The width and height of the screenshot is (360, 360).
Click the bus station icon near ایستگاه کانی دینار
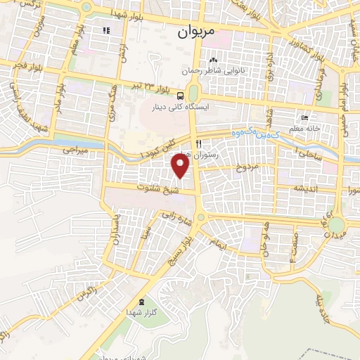point(181,96)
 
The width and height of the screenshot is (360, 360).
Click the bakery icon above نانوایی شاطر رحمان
point(213,60)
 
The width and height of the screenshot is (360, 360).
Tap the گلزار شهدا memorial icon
point(143,301)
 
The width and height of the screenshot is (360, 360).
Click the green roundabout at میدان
point(337,225)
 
